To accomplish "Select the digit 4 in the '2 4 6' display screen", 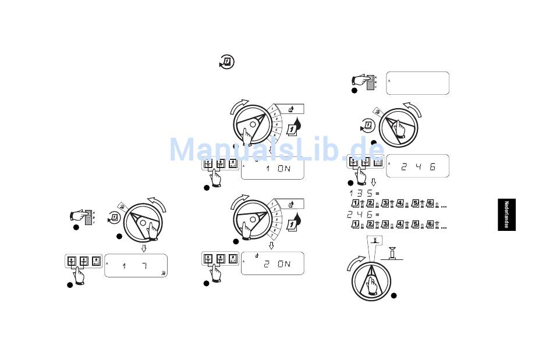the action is pos(416,167).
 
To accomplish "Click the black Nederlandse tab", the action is pos(506,215).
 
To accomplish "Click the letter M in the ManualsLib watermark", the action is pos(186,150).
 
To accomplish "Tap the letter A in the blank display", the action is pos(389,81).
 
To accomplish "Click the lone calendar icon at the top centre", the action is pos(227,61).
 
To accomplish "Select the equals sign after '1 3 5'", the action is pos(377,193).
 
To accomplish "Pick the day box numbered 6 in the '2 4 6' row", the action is pos(430,224).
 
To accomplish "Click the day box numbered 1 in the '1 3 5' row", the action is pos(355,202).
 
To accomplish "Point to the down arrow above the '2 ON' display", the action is pos(271,245).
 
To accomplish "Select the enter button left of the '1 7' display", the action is pos(96,261).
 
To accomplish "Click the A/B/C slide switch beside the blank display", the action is pos(371,83).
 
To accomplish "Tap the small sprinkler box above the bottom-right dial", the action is pos(375,240).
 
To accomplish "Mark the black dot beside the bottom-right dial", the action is pos(394,295).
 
